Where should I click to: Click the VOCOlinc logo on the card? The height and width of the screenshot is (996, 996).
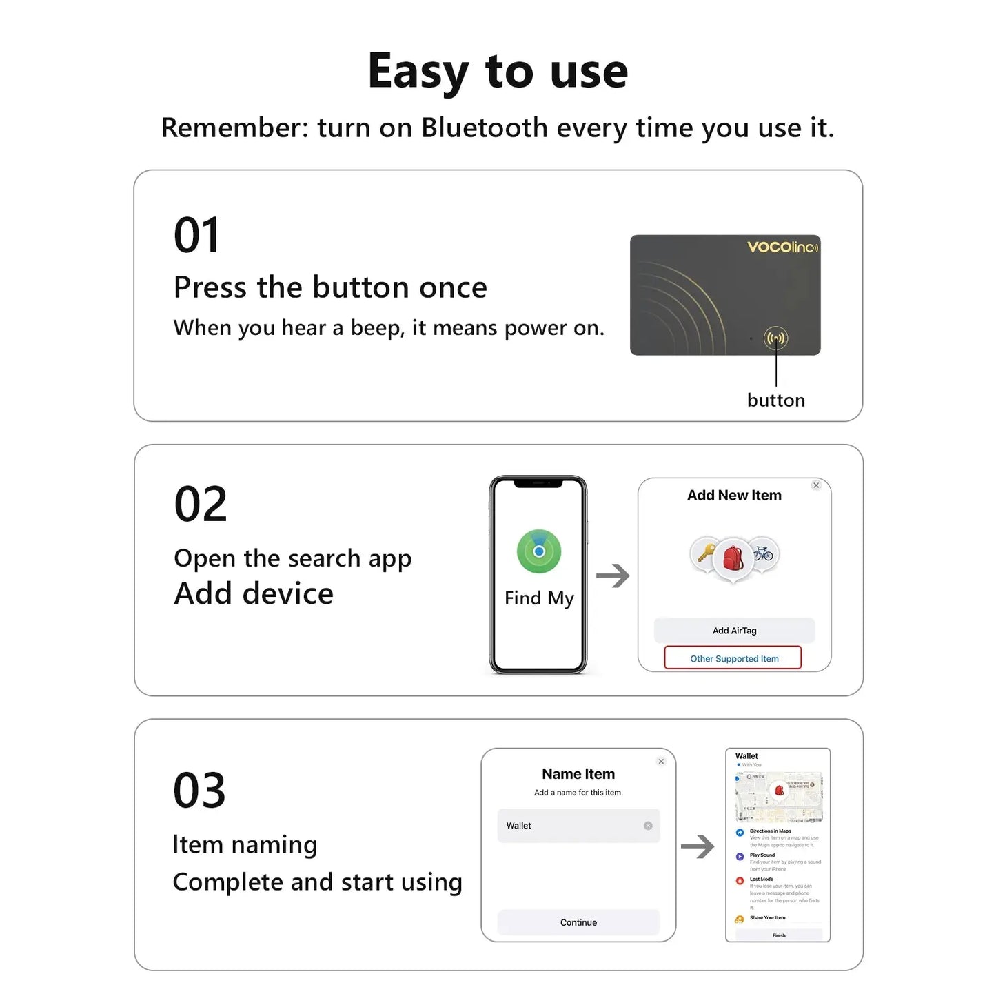pyautogui.click(x=782, y=247)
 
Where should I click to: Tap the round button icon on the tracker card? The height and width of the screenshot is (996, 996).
pyautogui.click(x=775, y=338)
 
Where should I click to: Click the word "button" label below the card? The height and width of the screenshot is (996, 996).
pyautogui.click(x=775, y=400)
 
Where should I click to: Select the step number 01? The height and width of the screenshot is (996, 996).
pyautogui.click(x=196, y=236)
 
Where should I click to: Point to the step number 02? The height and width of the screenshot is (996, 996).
pyautogui.click(x=200, y=504)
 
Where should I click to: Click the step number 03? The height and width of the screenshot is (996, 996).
pyautogui.click(x=199, y=791)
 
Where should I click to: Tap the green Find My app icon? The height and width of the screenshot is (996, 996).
pyautogui.click(x=539, y=551)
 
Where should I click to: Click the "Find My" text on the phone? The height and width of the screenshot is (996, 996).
pyautogui.click(x=539, y=598)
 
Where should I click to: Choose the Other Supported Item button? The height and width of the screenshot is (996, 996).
pyautogui.click(x=733, y=658)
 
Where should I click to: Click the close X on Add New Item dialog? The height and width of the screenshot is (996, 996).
pyautogui.click(x=816, y=485)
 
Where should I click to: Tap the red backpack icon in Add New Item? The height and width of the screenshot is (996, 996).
pyautogui.click(x=733, y=558)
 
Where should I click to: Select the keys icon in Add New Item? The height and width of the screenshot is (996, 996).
pyautogui.click(x=705, y=553)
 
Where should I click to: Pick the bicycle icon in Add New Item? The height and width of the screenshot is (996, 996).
pyautogui.click(x=764, y=553)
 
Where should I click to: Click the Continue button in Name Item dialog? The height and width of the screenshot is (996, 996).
pyautogui.click(x=578, y=922)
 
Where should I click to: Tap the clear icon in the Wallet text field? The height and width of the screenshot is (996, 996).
pyautogui.click(x=648, y=826)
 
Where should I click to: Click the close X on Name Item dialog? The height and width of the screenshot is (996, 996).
pyautogui.click(x=661, y=762)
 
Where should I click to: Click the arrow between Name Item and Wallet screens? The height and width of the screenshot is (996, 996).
pyautogui.click(x=698, y=846)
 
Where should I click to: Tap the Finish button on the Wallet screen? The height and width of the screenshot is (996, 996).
pyautogui.click(x=779, y=935)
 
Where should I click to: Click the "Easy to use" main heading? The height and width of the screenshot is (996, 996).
pyautogui.click(x=498, y=72)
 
